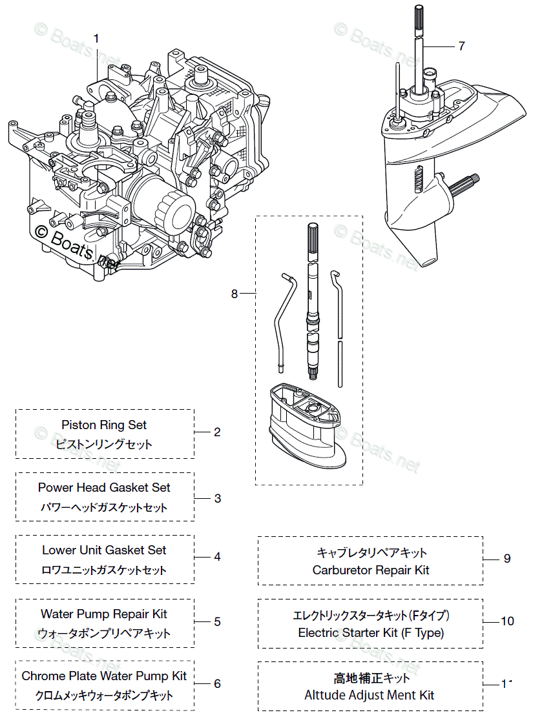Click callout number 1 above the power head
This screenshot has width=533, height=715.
pyautogui.click(x=96, y=39)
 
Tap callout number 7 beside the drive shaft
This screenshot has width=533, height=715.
pyautogui.click(x=461, y=46)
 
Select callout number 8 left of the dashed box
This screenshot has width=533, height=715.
pyautogui.click(x=235, y=294)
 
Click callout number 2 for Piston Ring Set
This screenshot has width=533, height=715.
pyautogui.click(x=217, y=432)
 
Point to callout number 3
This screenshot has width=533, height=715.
pyautogui.click(x=218, y=498)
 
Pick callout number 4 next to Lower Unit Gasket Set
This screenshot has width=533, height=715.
pyautogui.click(x=218, y=556)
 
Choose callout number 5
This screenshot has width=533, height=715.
pyautogui.click(x=218, y=621)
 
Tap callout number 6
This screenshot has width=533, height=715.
pyautogui.click(x=217, y=683)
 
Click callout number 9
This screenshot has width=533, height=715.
pyautogui.click(x=507, y=558)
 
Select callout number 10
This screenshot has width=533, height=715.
pyautogui.click(x=508, y=621)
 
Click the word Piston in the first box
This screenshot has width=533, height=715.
pyautogui.click(x=78, y=425)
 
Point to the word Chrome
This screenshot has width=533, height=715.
pyautogui.click(x=42, y=676)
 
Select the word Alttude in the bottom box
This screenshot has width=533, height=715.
pyautogui.click(x=325, y=695)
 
